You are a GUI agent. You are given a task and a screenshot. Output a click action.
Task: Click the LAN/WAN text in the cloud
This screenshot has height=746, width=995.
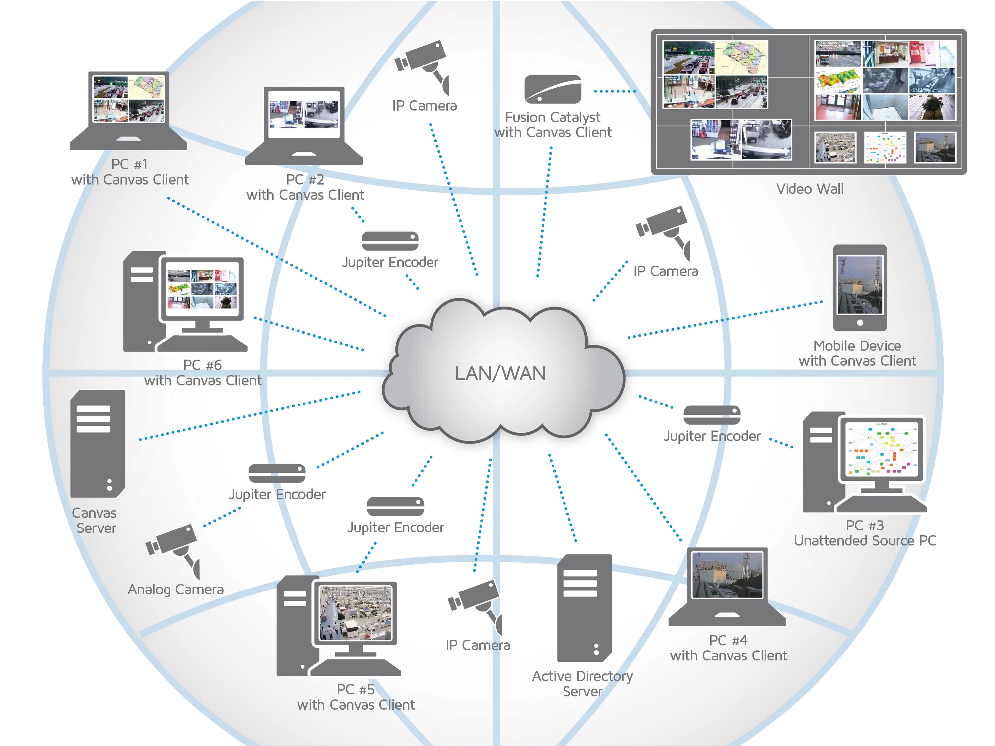[500, 374]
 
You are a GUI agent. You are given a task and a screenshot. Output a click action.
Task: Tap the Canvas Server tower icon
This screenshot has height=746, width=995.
[97, 443]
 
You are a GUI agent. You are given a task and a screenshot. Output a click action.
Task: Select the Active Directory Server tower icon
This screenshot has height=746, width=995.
[584, 607]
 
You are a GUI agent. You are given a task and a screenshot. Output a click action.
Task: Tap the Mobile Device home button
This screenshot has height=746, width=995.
[860, 322]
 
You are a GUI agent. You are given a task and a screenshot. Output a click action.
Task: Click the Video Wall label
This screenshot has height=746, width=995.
[810, 189]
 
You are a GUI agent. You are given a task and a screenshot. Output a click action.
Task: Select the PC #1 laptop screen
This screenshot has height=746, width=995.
[128, 99]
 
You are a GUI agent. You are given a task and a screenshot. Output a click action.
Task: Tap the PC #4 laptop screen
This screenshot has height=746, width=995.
[727, 575]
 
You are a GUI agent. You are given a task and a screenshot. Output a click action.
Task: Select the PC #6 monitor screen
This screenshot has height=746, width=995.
[202, 289]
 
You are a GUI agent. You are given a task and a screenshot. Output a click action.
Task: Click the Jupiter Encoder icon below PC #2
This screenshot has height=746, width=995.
[390, 241]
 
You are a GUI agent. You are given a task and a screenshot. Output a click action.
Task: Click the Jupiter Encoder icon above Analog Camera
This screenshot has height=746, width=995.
[277, 473]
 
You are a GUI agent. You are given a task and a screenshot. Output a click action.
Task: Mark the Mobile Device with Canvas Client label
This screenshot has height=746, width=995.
[857, 353]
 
